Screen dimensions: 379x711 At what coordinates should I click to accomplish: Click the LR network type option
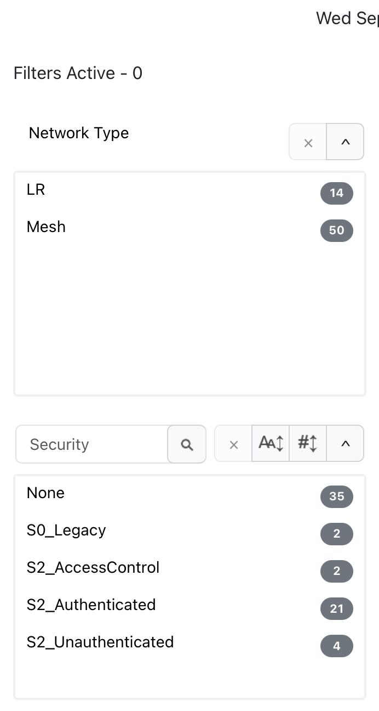[x=36, y=190]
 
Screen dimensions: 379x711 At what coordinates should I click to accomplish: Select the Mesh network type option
[x=46, y=227]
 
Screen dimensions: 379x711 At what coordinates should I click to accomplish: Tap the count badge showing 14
[x=336, y=193]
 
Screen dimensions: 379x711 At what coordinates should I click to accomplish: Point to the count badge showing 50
[x=336, y=230]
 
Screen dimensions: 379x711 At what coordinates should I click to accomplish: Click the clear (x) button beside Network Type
[x=308, y=142]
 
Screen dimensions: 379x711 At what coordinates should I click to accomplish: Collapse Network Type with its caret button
[x=345, y=142]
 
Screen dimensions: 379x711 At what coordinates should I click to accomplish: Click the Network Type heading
[x=79, y=133]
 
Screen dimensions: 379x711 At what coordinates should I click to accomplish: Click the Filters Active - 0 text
[x=78, y=74]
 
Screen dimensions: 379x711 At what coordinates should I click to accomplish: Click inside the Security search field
[x=92, y=444]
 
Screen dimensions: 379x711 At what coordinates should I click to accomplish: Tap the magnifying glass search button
[x=187, y=444]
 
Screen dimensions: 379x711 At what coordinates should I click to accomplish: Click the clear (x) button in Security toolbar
[x=233, y=443]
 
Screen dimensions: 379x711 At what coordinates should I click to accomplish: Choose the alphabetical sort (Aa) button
[x=271, y=443]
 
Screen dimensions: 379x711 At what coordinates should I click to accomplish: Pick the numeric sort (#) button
[x=308, y=443]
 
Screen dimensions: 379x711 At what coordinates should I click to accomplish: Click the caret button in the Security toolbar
[x=345, y=443]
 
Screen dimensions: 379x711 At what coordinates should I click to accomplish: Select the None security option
[x=45, y=493]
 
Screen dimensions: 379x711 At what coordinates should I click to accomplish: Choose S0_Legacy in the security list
[x=66, y=531]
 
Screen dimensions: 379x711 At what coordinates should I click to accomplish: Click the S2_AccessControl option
[x=93, y=568]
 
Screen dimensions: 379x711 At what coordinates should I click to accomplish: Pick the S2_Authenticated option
[x=91, y=605]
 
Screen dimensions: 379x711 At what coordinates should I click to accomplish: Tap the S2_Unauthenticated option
[x=100, y=642]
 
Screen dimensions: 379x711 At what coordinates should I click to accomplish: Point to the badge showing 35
[x=336, y=496]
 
